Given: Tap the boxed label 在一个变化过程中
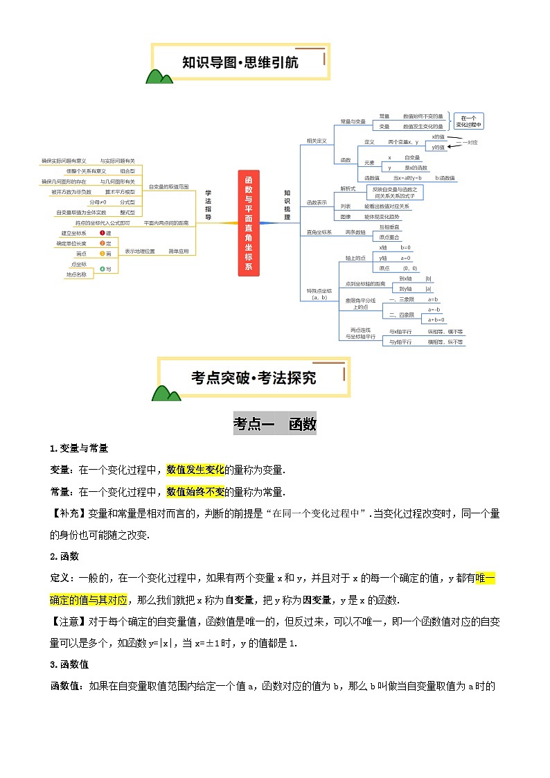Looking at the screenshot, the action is point(469,121).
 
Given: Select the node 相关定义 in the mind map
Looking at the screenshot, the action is point(317,141).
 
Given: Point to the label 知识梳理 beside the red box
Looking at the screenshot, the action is point(287,205).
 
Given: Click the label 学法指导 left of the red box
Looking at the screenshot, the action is point(209,205).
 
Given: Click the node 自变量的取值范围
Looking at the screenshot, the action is point(168,186).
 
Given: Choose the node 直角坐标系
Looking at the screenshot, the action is point(319,232).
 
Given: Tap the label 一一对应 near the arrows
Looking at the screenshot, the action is point(470,142).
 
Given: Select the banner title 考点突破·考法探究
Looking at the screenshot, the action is point(254,378).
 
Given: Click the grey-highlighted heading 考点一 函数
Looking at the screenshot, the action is point(275,424).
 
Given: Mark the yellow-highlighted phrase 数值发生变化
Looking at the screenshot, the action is point(195,470).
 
